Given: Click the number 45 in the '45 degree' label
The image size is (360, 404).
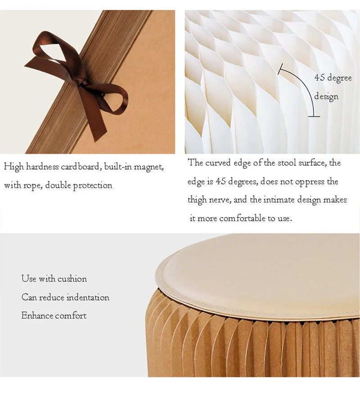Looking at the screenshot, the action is click(319, 77).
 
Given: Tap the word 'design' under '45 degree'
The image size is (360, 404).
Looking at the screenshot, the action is click(326, 97).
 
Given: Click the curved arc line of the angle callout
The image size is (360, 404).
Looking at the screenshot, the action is click(305, 85).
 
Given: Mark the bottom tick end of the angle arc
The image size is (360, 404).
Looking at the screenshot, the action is click(314, 117).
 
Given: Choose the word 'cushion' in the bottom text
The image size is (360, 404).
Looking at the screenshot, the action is click(72, 279).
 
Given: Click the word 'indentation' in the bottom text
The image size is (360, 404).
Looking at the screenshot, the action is click(88, 297).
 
